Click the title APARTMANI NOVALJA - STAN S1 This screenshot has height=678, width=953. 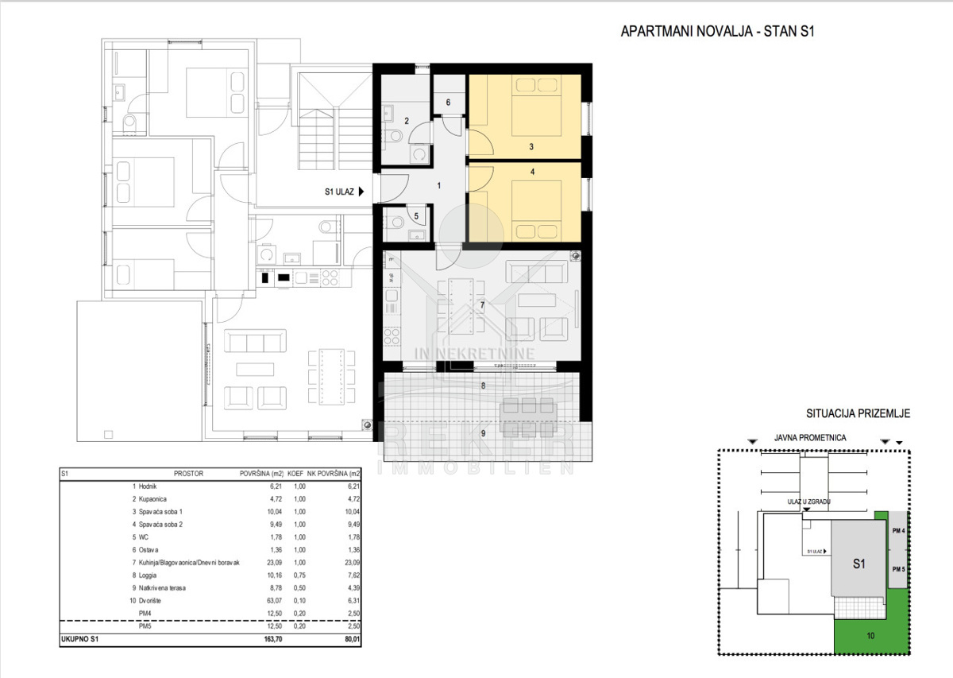(717, 32)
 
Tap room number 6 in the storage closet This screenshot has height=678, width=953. (448, 103)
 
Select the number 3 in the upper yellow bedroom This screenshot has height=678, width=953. (531, 146)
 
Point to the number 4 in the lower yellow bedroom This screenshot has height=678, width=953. (532, 172)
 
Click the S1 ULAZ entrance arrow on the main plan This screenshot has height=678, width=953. (361, 192)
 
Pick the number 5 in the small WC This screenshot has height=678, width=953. (416, 216)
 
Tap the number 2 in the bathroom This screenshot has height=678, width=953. (407, 121)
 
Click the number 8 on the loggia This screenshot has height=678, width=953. (483, 385)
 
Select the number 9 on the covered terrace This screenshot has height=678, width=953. (483, 433)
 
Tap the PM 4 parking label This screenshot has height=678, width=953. (898, 531)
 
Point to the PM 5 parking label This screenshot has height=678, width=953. (898, 569)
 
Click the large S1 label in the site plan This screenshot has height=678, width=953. (859, 564)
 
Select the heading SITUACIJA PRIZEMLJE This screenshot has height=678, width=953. (858, 413)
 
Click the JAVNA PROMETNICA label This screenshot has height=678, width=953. (810, 438)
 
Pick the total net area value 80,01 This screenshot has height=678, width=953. (353, 639)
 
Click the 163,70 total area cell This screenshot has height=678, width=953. (272, 639)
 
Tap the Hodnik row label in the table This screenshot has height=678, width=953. (148, 486)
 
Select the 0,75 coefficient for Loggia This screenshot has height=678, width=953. (299, 575)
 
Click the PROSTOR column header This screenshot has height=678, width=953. (188, 474)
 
